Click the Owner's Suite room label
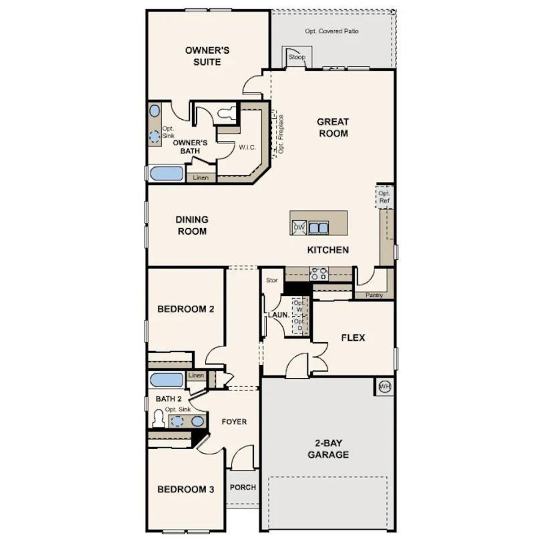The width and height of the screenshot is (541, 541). [x=207, y=56]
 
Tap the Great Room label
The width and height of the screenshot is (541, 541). [x=333, y=128]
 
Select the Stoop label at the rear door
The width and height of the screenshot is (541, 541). [x=297, y=57]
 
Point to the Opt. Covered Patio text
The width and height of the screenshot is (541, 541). [x=332, y=31]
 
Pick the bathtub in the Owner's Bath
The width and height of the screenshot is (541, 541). [x=167, y=174]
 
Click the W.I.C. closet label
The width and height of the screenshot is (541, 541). [x=247, y=147]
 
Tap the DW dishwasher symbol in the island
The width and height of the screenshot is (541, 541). [x=299, y=227]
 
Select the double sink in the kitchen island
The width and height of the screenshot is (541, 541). [x=318, y=228]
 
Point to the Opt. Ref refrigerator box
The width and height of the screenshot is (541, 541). [x=384, y=197]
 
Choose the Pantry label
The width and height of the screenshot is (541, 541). [x=374, y=295]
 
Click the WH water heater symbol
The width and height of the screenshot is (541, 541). [x=384, y=386]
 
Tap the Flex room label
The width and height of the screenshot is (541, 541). [x=353, y=338]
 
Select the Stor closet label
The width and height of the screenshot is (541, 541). [x=272, y=280]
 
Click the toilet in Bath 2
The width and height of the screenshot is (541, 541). [x=158, y=418]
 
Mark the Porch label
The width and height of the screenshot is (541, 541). [x=243, y=487]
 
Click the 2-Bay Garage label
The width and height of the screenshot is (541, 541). [x=328, y=449]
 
